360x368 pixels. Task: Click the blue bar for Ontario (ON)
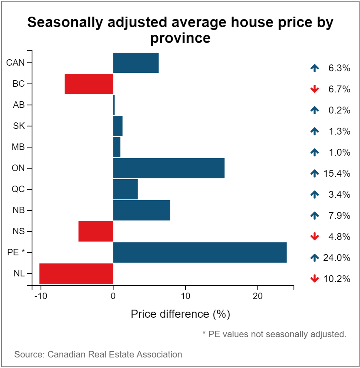coord(169,168)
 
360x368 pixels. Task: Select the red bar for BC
coord(89,84)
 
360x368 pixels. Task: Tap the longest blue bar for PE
coord(199,252)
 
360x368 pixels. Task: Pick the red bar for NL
coord(76,274)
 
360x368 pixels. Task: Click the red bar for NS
coord(96,231)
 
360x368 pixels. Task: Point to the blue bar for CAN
coord(136,63)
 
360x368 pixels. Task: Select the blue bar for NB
coord(141,210)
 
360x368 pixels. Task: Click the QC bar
coord(125,189)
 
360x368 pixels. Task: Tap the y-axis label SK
coord(19,126)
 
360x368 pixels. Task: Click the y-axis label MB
coord(19,147)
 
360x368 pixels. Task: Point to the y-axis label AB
coord(19,105)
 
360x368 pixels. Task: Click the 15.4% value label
coord(336,173)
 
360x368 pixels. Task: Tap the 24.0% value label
coord(336,258)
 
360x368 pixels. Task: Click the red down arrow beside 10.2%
coord(314,279)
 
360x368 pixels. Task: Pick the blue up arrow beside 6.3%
coord(314,68)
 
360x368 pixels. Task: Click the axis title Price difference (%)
coord(180,314)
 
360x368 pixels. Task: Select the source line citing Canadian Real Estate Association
coord(98,355)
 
